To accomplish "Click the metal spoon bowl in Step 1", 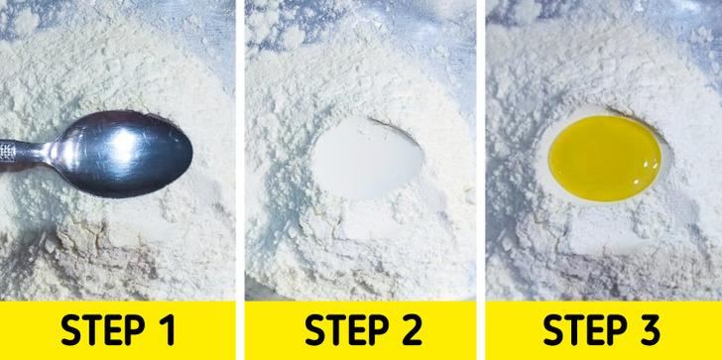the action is pos(122,154).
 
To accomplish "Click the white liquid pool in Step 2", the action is pos(367,158).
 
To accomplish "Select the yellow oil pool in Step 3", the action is pos(605,158).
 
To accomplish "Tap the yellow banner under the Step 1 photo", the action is pos(117,330).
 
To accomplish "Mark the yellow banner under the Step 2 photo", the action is pos(361,330).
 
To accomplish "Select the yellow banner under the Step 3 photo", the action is pos(604,330).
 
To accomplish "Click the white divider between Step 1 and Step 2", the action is pos(240,180).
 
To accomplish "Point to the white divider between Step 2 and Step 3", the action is pos(481,180).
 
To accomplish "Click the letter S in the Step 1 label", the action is pos(70,330).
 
